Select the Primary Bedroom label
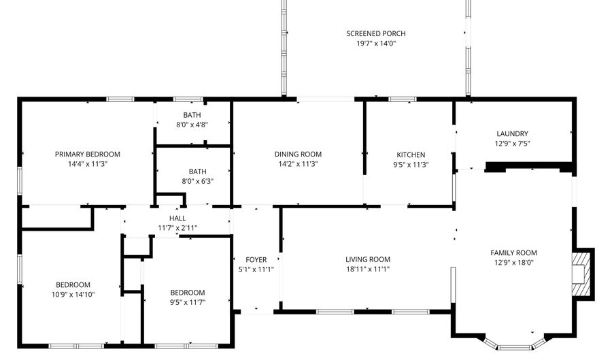(88, 154)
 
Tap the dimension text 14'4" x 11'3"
(88, 164)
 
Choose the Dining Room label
(298, 154)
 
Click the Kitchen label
(411, 154)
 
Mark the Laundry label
(512, 133)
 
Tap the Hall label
(177, 218)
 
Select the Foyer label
(256, 259)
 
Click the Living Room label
(368, 259)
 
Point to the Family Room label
(514, 252)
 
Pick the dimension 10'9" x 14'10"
(73, 294)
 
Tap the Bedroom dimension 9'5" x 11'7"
(188, 302)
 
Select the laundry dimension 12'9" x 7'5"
(512, 143)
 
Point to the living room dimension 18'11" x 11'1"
(368, 269)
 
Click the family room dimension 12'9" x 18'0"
(514, 263)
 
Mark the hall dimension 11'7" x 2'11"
(177, 228)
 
